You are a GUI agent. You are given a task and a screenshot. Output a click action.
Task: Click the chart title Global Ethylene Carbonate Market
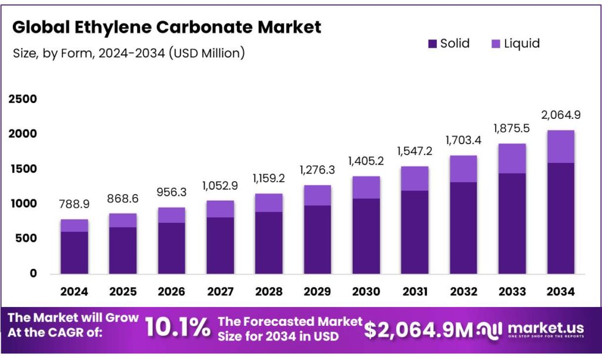click(167, 27)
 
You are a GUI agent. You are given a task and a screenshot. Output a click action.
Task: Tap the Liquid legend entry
click(515, 44)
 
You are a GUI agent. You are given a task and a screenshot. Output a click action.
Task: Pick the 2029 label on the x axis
click(317, 292)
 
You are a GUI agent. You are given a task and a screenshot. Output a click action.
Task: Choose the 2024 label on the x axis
click(73, 292)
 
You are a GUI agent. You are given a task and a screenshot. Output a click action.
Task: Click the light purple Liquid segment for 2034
click(560, 146)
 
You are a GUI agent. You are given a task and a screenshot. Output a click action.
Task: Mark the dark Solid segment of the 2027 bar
click(220, 245)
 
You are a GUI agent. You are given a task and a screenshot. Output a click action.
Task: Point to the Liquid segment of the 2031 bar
click(414, 178)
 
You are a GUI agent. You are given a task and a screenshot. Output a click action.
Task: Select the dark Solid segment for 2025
click(122, 250)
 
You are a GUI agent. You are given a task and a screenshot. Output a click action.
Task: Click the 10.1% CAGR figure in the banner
click(177, 328)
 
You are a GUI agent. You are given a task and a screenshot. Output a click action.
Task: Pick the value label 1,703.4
click(463, 142)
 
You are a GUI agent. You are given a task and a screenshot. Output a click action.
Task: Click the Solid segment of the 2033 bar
click(511, 224)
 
